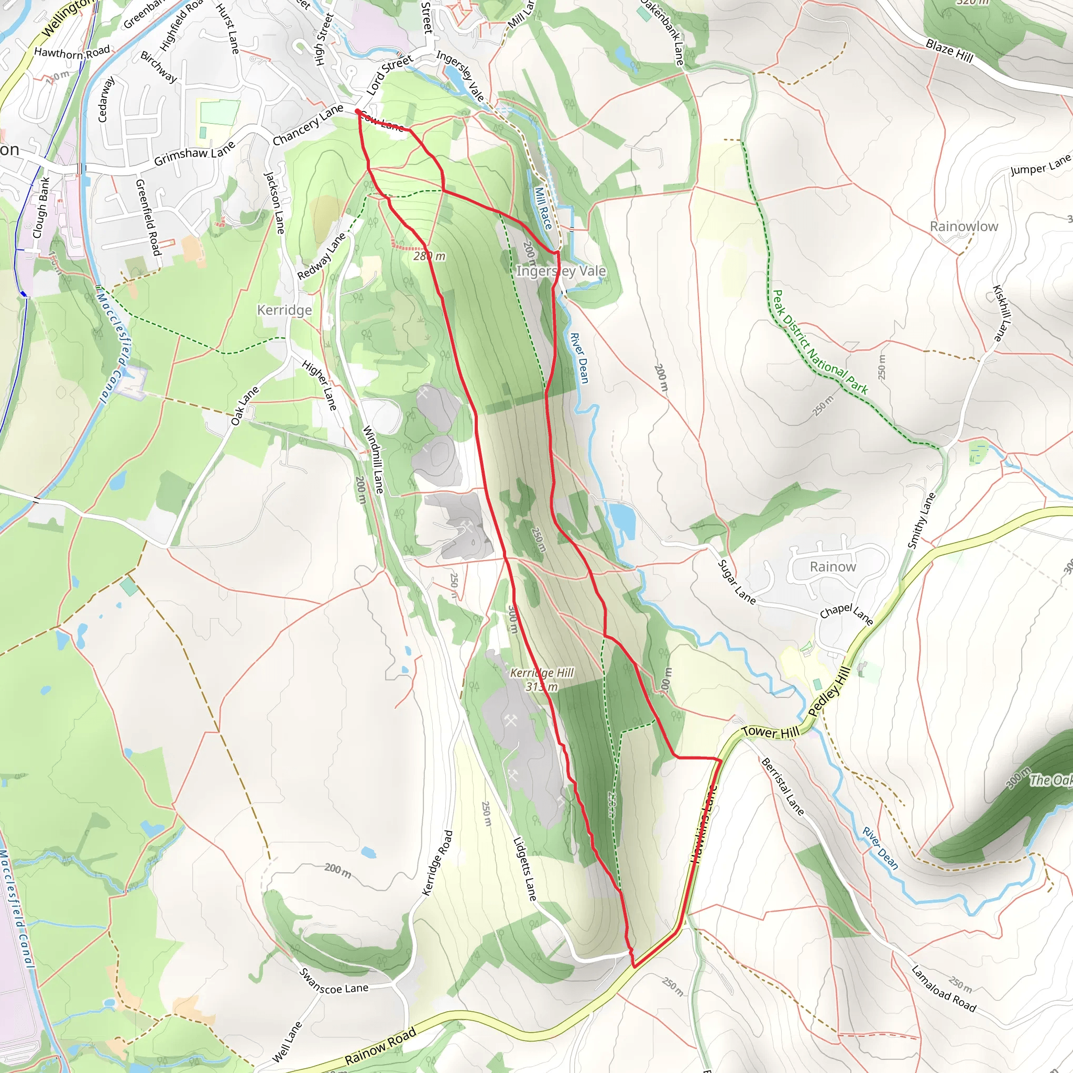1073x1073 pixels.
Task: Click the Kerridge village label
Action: tap(284, 310)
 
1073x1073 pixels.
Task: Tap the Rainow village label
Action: tap(833, 566)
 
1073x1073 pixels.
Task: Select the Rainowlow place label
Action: tap(963, 226)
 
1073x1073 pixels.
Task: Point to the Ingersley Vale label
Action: tap(561, 271)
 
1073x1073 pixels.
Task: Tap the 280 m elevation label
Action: tap(429, 256)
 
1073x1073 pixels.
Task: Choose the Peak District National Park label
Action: tap(820, 342)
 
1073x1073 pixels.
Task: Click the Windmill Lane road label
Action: tap(373, 459)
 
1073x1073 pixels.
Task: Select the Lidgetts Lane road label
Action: tap(525, 869)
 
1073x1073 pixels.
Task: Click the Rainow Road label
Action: tap(380, 1046)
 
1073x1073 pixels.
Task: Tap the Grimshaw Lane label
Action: tap(194, 154)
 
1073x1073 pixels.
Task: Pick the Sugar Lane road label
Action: tap(737, 582)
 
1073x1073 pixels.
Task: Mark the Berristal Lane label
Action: tap(783, 786)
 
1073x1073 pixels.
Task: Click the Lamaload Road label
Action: tap(944, 989)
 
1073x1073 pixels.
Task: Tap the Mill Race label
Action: tap(543, 209)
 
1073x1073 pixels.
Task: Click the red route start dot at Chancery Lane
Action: tap(358, 112)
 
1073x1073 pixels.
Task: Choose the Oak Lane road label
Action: tap(245, 406)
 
